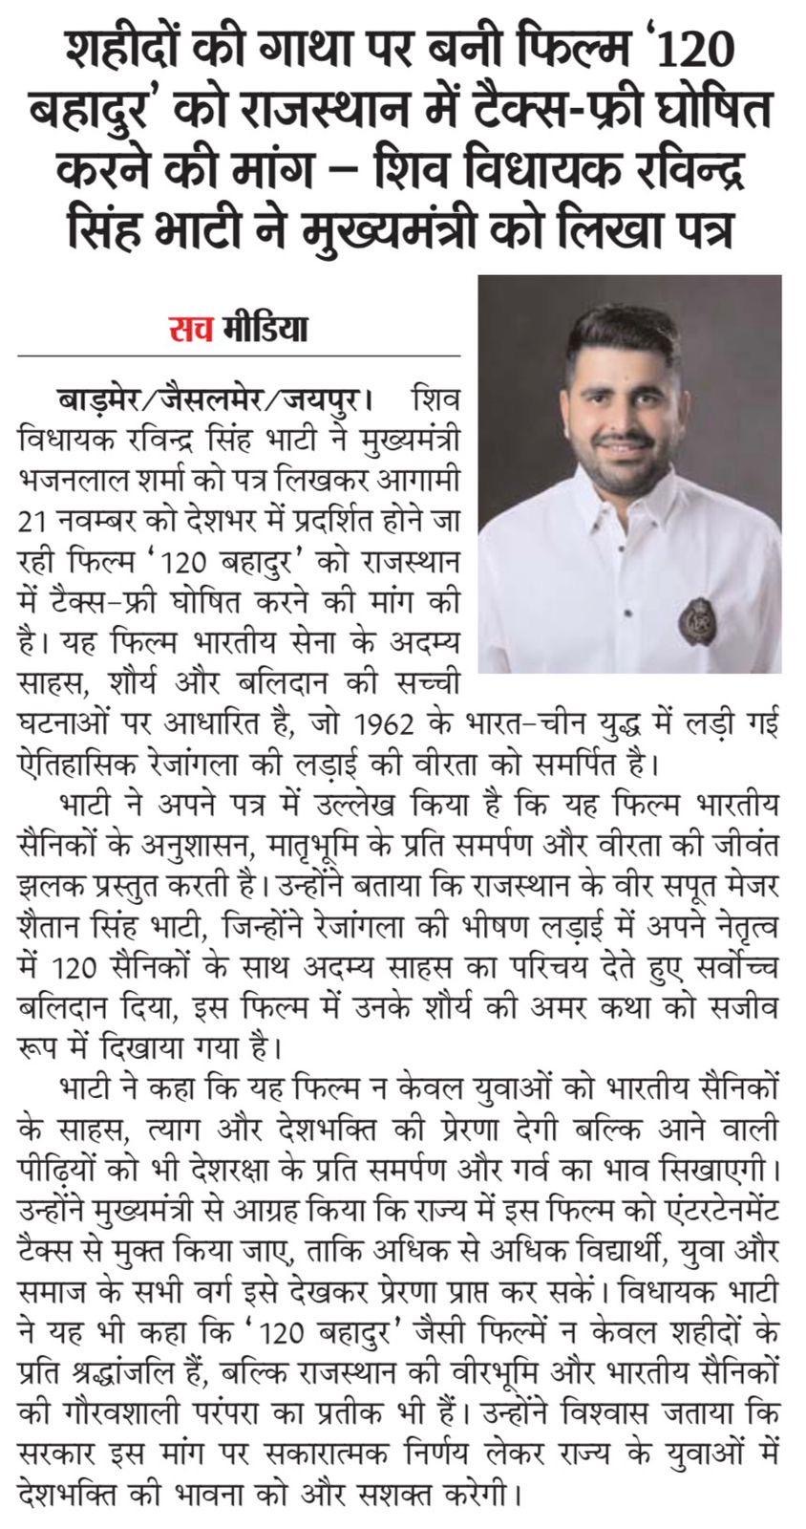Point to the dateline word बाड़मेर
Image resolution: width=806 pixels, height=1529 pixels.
point(94,397)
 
